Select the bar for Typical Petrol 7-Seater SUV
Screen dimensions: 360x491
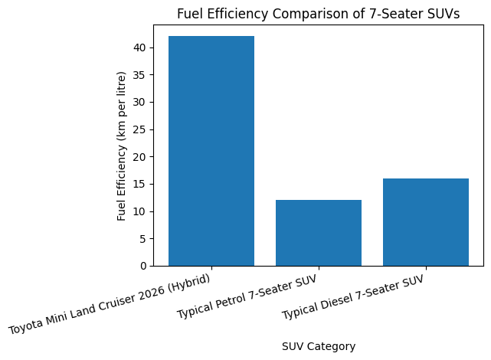click(x=319, y=233)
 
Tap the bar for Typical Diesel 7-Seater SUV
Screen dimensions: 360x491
click(x=426, y=222)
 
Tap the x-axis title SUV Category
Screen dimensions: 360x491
click(x=319, y=346)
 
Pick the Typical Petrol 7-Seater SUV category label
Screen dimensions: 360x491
click(x=247, y=296)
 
